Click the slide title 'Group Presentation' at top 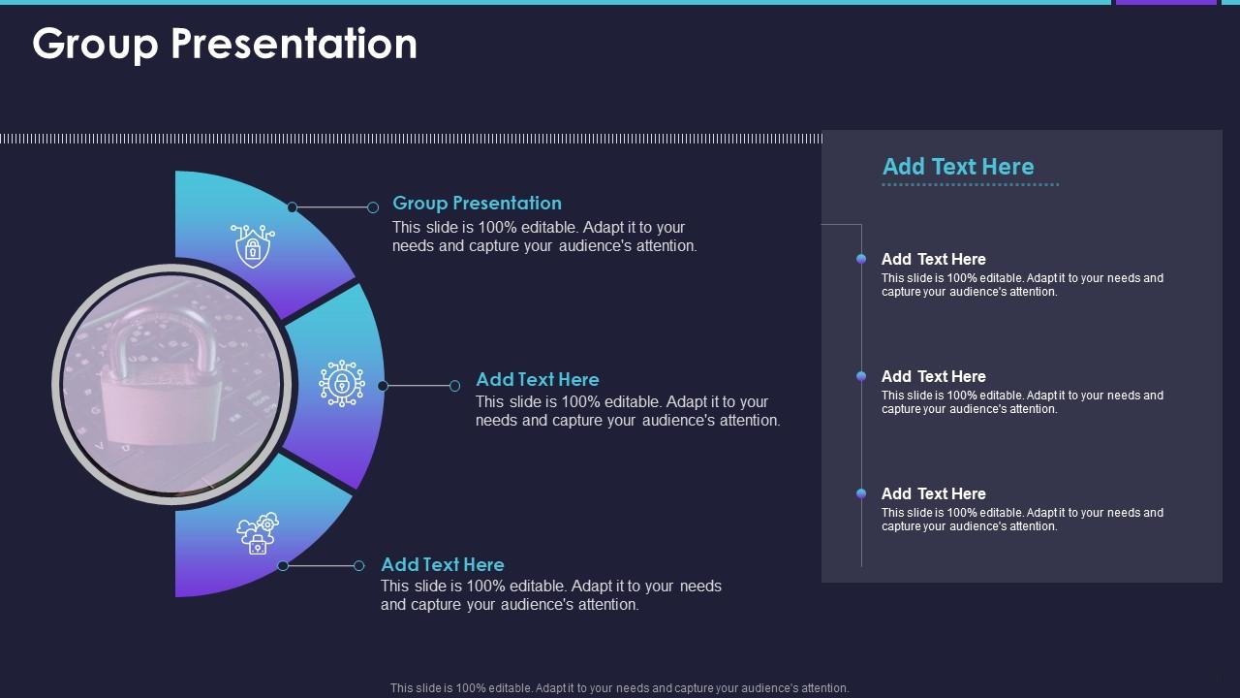[225, 45]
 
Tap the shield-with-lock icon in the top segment [253, 246]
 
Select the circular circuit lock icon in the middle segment [342, 383]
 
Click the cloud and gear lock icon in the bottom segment [258, 533]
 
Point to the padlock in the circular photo [161, 377]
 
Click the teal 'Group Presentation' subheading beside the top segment [478, 203]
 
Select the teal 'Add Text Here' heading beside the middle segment [538, 379]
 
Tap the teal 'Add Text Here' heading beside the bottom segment [443, 564]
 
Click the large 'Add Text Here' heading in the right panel [958, 167]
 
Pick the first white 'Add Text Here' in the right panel [933, 259]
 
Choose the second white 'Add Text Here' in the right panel [933, 377]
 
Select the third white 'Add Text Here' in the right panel [933, 494]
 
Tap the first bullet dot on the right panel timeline [861, 259]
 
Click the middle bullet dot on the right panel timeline [861, 377]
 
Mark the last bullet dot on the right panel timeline [861, 493]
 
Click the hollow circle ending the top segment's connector [373, 207]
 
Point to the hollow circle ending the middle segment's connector [454, 386]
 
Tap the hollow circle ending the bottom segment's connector [358, 565]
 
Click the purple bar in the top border [1165, 2]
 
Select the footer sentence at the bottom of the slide [619, 688]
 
